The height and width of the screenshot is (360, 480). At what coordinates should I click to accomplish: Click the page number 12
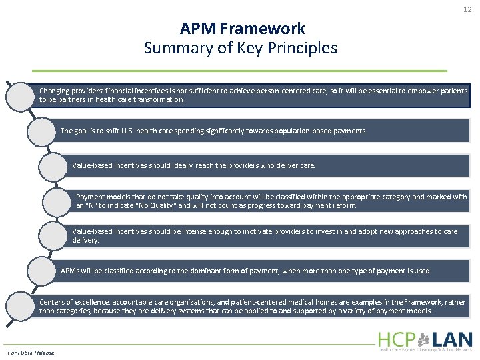point(467,9)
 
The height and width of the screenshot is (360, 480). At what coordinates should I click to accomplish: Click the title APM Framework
point(243,29)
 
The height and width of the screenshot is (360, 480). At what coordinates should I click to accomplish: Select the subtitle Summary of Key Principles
point(241,48)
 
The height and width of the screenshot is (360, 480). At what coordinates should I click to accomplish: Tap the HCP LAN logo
point(425,340)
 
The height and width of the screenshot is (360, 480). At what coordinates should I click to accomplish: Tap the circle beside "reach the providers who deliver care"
point(53,166)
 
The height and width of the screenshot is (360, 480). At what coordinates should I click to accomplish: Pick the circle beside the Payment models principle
point(58,201)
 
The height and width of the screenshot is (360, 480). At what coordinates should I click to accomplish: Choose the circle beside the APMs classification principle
point(44,271)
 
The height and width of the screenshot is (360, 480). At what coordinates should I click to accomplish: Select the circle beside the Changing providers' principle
point(20,95)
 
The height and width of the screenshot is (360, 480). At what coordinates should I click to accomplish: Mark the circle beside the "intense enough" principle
point(53,235)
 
